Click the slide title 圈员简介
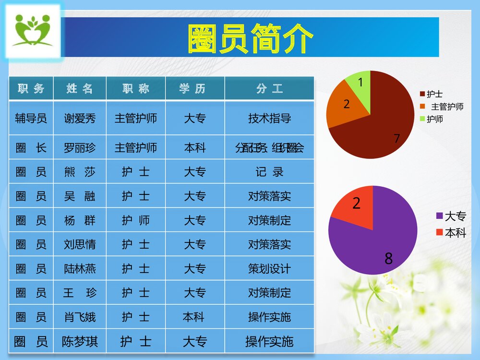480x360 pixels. (x=250, y=38)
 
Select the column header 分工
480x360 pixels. (x=269, y=89)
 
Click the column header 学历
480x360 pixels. (x=195, y=89)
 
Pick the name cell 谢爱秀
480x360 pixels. (x=80, y=118)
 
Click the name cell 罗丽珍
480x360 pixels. (x=80, y=148)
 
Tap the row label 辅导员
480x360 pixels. (x=31, y=118)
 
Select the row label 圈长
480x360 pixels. (x=31, y=148)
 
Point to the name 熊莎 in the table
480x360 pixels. (x=80, y=172)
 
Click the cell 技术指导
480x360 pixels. (x=269, y=118)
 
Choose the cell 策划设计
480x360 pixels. (x=269, y=269)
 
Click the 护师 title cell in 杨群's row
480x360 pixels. (x=136, y=220)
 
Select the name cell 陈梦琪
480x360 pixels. (x=80, y=342)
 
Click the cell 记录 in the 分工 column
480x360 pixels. (x=269, y=172)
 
